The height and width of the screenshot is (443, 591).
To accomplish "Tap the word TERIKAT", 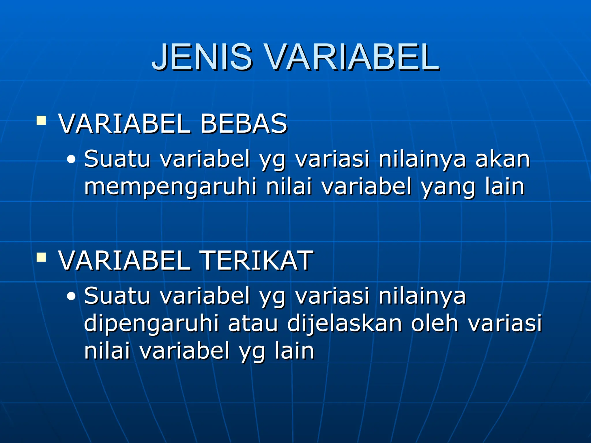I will pos(257,261).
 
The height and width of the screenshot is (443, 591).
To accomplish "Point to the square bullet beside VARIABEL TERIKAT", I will pos(41,257).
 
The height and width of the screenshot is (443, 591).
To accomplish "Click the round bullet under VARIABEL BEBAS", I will pos(71,159).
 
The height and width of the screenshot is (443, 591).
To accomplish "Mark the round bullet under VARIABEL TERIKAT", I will pos(71,296).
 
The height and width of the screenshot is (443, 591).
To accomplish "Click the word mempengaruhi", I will pos(170,187).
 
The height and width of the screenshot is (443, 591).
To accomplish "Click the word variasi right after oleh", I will pos(505,323).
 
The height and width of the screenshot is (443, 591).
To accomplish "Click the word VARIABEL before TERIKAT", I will pos(124,261).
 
